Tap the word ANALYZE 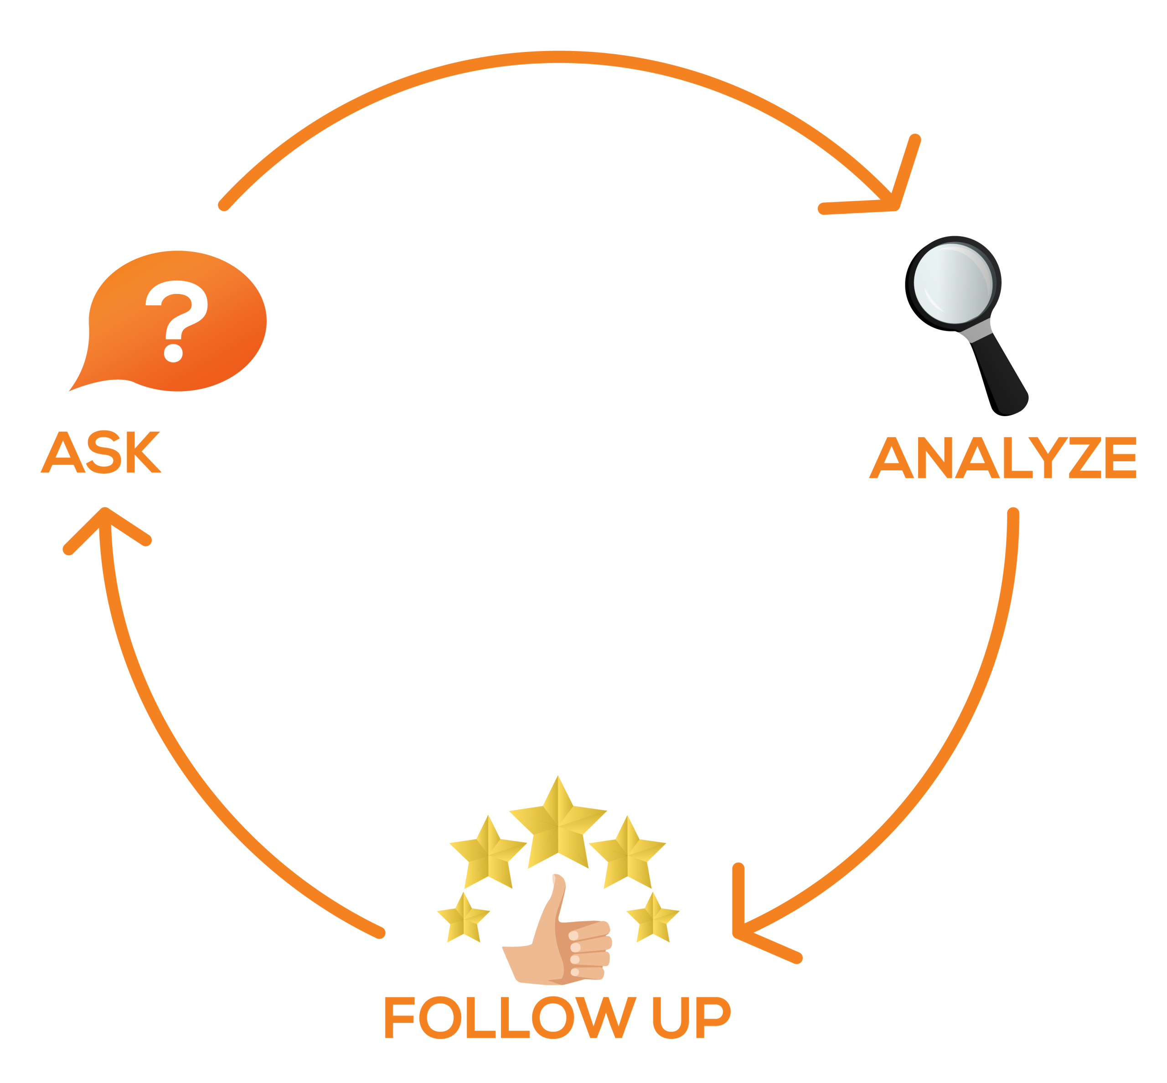[x=1003, y=458]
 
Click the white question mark [x=176, y=320]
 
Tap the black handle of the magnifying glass [x=1001, y=375]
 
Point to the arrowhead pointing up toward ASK [x=105, y=521]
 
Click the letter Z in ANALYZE [x=1083, y=458]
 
